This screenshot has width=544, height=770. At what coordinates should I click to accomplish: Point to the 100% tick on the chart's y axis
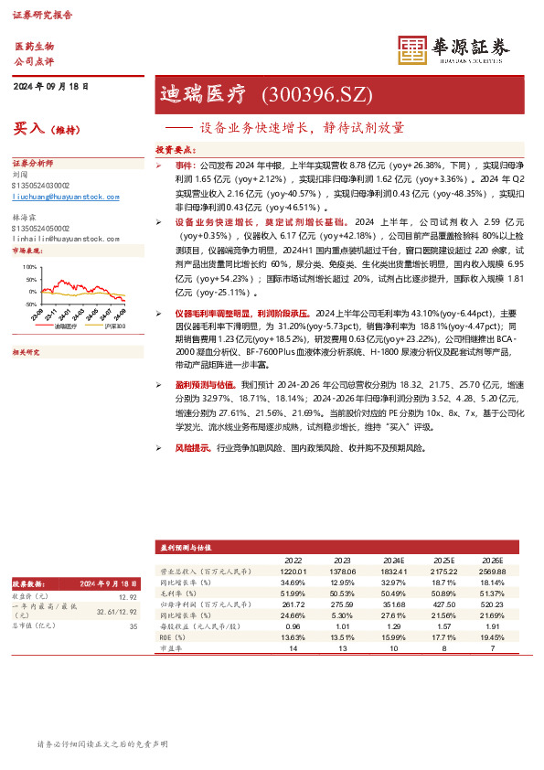tap(30, 266)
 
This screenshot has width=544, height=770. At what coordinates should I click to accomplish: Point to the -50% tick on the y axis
tap(30, 303)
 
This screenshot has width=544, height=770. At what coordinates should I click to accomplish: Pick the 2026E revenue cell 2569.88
tap(492, 571)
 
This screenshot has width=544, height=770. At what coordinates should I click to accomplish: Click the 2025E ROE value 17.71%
tap(443, 637)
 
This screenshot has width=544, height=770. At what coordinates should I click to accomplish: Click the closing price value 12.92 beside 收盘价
tap(127, 596)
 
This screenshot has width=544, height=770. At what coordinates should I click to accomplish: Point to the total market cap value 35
tap(133, 626)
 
